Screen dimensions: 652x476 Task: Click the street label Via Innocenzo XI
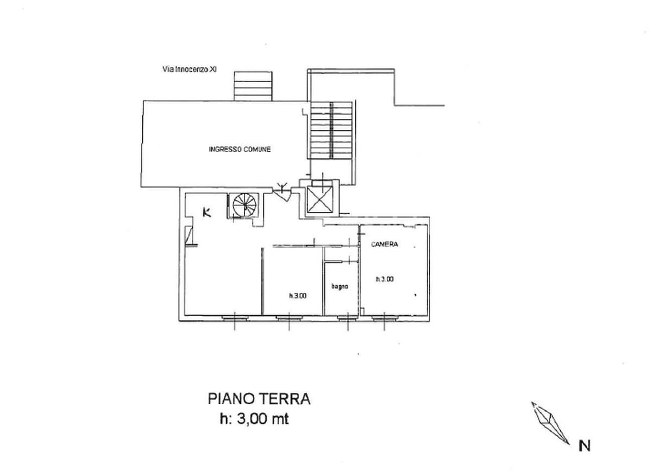click(x=190, y=70)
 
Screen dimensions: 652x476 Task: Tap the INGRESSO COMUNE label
click(x=240, y=149)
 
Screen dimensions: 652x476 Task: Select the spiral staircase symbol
click(x=244, y=205)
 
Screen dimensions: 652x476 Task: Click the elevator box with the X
click(x=319, y=199)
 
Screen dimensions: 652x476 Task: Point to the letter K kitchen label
click(x=207, y=212)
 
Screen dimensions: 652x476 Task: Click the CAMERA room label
click(x=385, y=245)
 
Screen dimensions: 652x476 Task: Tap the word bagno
click(x=340, y=286)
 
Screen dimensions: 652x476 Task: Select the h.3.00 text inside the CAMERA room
click(x=385, y=279)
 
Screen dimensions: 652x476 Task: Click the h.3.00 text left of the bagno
click(x=298, y=296)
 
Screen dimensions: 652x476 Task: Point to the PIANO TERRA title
click(x=259, y=399)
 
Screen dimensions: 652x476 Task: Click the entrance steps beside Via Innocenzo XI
click(x=253, y=86)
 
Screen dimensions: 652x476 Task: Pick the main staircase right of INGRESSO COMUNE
click(x=331, y=130)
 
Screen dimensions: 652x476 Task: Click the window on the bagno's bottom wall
click(x=348, y=318)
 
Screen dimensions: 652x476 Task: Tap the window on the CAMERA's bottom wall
click(x=384, y=318)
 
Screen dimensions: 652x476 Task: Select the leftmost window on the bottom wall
click(x=235, y=318)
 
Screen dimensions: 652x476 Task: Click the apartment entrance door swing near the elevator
click(x=283, y=193)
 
